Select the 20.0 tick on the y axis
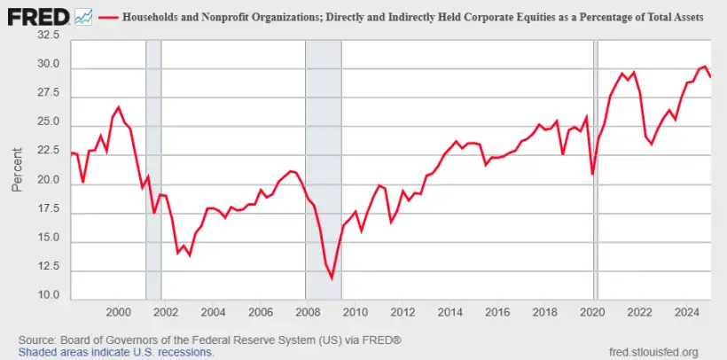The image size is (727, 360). coord(47,181)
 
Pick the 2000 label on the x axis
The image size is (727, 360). coord(118,312)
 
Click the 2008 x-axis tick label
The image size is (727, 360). coord(307,312)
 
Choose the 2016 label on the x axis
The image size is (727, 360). coord(496,312)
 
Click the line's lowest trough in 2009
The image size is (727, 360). coord(332,278)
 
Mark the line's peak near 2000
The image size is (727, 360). coord(119,107)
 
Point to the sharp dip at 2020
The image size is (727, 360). coord(592,174)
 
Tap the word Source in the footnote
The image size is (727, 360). coord(38,340)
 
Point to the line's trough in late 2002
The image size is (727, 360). coord(189,254)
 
